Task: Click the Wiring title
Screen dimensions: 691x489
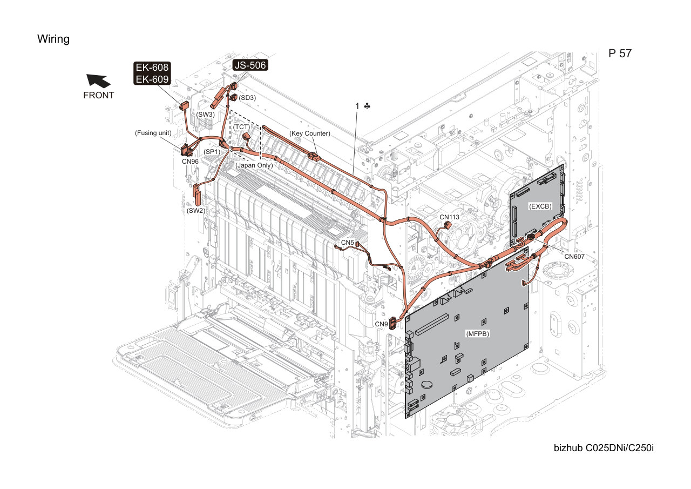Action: (x=53, y=39)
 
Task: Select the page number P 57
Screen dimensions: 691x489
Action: (x=620, y=53)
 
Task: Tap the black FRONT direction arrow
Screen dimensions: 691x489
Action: (x=98, y=81)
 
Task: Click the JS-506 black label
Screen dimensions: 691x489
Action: (x=250, y=65)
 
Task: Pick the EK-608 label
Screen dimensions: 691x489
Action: (x=152, y=68)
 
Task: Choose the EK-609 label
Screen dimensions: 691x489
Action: (x=152, y=79)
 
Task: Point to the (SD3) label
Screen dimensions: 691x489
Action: (x=247, y=98)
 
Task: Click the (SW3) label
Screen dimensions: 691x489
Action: (x=206, y=115)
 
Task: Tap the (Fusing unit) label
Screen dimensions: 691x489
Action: (x=153, y=133)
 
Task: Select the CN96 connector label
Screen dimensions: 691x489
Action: (x=191, y=162)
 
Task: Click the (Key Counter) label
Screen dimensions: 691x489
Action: (x=309, y=133)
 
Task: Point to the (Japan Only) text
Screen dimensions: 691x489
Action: (x=254, y=165)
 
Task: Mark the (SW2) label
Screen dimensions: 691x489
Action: (x=196, y=211)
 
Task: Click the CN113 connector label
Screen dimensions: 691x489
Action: (x=450, y=217)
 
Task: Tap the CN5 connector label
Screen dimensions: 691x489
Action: (x=347, y=243)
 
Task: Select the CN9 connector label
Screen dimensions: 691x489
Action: (x=381, y=324)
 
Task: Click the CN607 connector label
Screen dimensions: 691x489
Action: (x=574, y=257)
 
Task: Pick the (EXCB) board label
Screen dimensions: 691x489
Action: (x=540, y=206)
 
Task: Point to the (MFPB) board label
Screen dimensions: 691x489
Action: (x=478, y=334)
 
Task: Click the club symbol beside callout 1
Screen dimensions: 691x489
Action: (x=367, y=106)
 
